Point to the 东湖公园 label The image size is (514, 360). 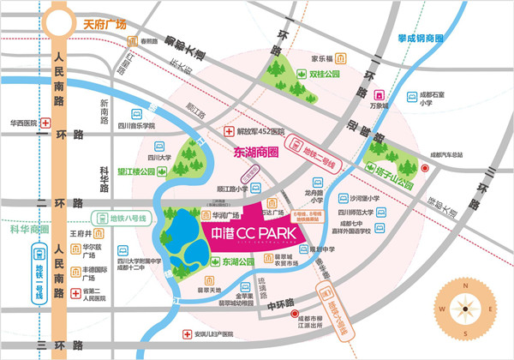[x=234, y=262]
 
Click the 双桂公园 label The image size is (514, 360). [x=325, y=75]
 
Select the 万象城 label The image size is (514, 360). [x=380, y=107]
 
